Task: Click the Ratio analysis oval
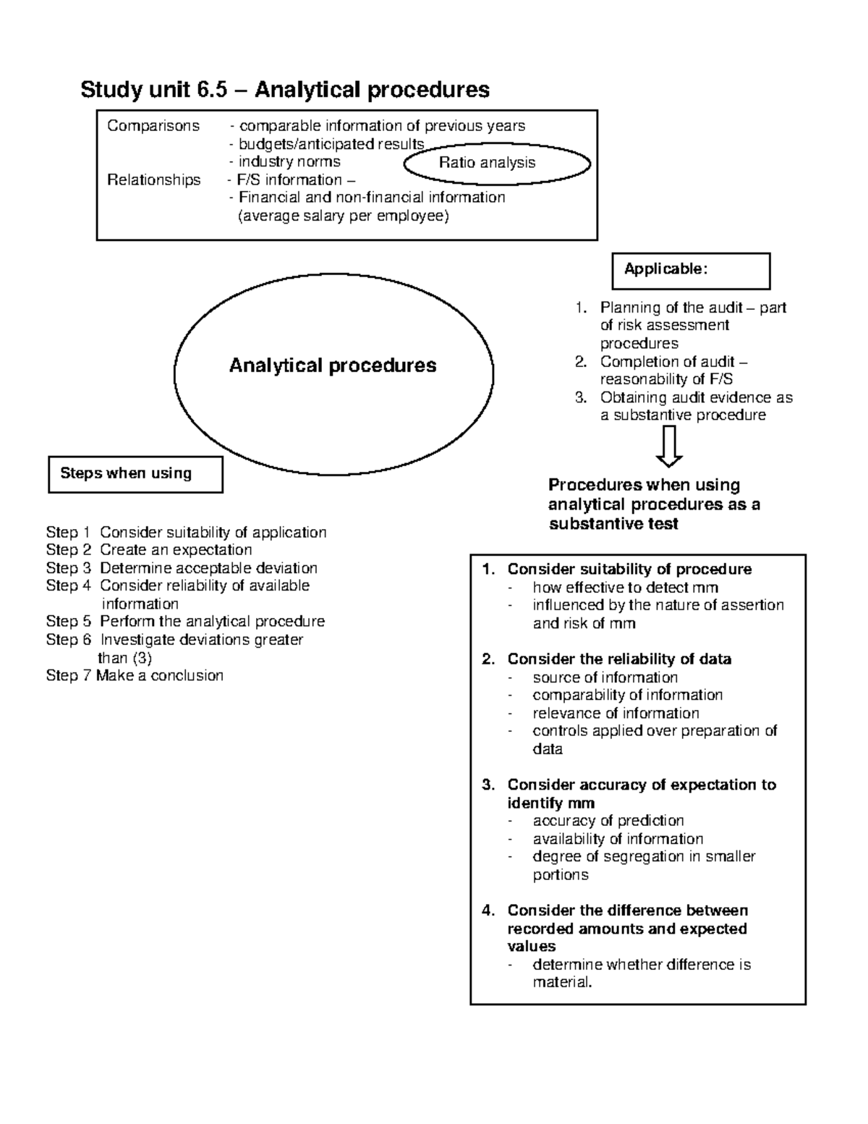pyautogui.click(x=497, y=164)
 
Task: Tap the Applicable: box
pyautogui.click(x=691, y=271)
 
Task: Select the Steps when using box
pyautogui.click(x=135, y=474)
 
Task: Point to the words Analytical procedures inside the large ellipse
pyautogui.click(x=333, y=366)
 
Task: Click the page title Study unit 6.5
pyautogui.click(x=285, y=90)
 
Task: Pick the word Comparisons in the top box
pyautogui.click(x=153, y=126)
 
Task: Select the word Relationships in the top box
pyautogui.click(x=154, y=180)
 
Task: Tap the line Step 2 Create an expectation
pyautogui.click(x=149, y=550)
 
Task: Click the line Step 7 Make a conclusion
pyautogui.click(x=135, y=675)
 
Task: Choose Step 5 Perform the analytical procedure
pyautogui.click(x=185, y=622)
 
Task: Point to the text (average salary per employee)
pyautogui.click(x=344, y=216)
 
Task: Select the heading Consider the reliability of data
pyautogui.click(x=618, y=659)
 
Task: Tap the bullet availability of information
pyautogui.click(x=617, y=839)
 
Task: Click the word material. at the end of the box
pyautogui.click(x=562, y=983)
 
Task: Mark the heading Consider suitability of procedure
pyautogui.click(x=629, y=570)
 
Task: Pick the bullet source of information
pyautogui.click(x=605, y=677)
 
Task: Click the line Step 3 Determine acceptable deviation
pyautogui.click(x=182, y=568)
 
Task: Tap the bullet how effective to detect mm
pyautogui.click(x=625, y=588)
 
